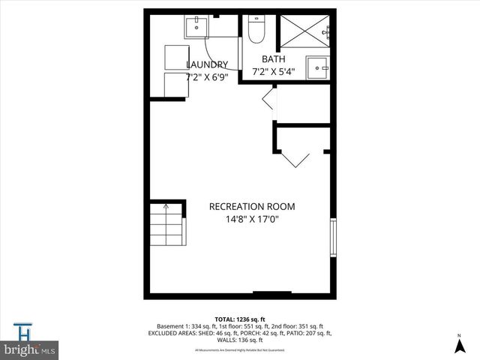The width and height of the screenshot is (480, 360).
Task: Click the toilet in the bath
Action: [255, 31]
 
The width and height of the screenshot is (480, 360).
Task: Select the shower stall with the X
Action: [303, 33]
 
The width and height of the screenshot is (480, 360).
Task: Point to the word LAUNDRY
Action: [207, 64]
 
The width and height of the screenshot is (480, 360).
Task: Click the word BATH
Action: [272, 59]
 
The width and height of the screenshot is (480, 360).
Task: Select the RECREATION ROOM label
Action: [252, 206]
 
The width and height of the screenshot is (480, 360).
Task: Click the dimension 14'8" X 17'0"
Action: [252, 219]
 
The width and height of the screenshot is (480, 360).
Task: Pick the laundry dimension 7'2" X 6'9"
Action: [206, 76]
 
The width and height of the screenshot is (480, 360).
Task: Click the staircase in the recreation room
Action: [166, 225]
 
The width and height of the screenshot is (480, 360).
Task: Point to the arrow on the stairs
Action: [166, 206]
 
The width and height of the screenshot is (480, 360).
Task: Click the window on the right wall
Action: [333, 238]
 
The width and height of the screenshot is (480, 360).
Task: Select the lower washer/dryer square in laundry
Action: [169, 85]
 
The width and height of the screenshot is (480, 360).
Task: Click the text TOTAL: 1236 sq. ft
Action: [239, 319]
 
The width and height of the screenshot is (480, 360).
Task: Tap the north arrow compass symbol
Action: [458, 345]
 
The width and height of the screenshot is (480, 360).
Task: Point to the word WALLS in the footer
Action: [219, 340]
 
